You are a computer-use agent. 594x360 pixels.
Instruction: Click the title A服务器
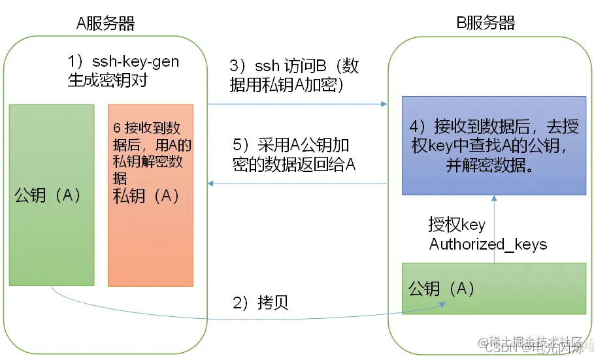[105, 24]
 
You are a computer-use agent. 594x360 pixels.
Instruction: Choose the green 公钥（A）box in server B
[493, 288]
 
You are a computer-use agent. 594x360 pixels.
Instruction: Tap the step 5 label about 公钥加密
[294, 154]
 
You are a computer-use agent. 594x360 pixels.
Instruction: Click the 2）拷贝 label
[261, 303]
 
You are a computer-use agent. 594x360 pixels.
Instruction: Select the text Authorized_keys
[487, 244]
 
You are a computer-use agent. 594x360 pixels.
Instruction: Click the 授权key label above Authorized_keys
[457, 225]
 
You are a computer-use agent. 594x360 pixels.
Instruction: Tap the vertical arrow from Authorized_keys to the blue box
[493, 229]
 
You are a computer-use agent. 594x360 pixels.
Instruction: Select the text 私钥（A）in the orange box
[147, 195]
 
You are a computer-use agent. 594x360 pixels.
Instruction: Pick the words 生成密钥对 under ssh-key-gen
[107, 80]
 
